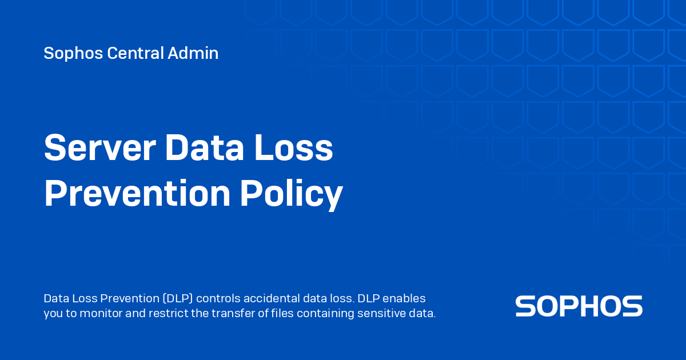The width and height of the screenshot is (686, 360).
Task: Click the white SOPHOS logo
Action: (x=579, y=306)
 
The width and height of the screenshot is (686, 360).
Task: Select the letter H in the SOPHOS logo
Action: (x=595, y=306)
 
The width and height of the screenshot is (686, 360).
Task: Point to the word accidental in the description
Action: (x=272, y=298)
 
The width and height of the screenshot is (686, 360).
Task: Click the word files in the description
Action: (x=281, y=313)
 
